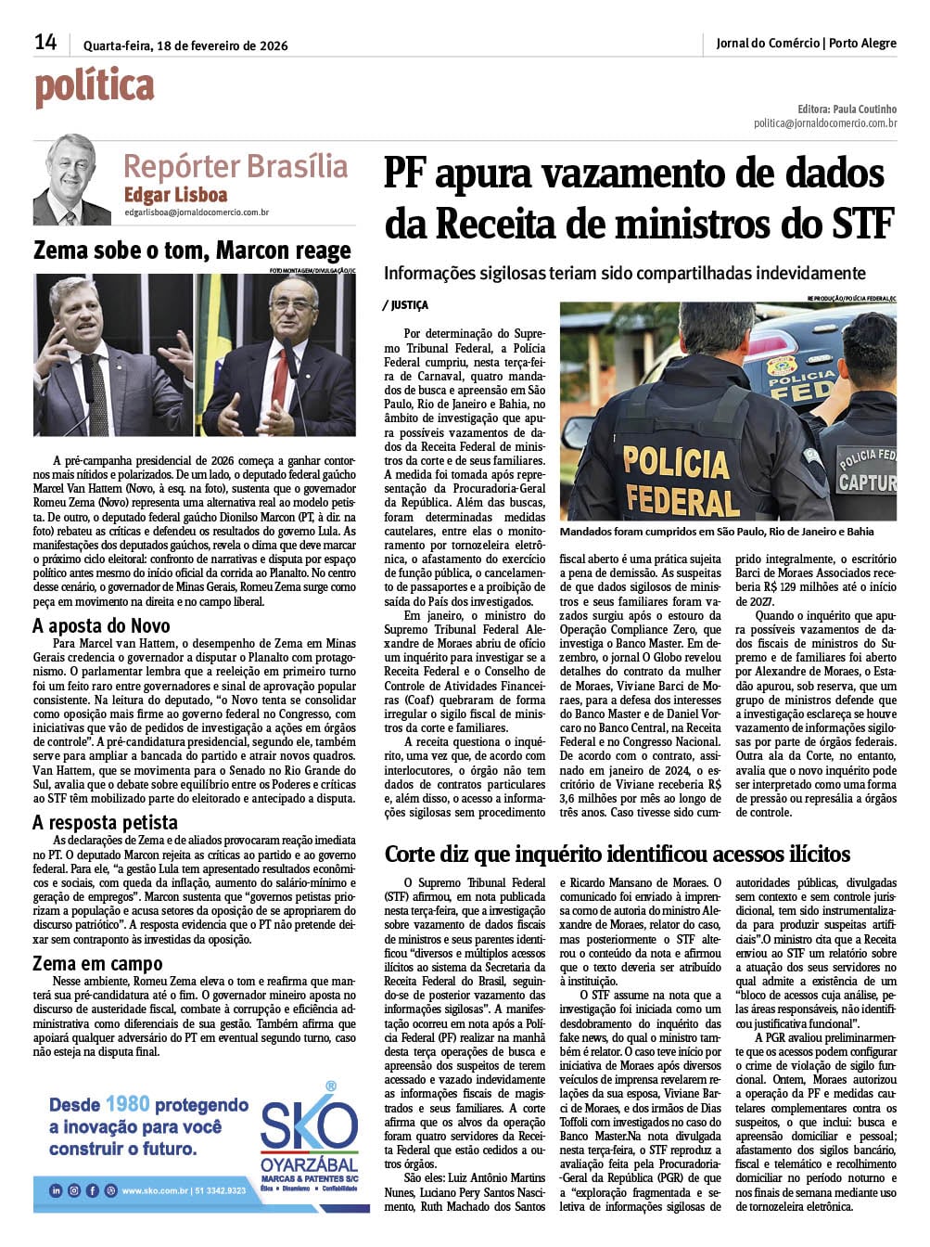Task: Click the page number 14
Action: (x=45, y=42)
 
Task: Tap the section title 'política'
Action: (x=95, y=87)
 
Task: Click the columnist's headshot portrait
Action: (x=71, y=179)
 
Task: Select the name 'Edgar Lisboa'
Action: (x=175, y=195)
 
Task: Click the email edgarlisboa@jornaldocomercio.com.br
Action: (x=197, y=212)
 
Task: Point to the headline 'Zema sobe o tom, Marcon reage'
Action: (x=192, y=251)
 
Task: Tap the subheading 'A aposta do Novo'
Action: (x=101, y=625)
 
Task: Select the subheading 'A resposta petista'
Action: (x=105, y=822)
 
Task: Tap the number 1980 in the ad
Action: (x=127, y=1104)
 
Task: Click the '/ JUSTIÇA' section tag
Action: (x=405, y=305)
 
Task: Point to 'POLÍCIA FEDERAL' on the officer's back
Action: (x=676, y=480)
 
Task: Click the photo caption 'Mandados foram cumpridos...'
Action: (x=717, y=532)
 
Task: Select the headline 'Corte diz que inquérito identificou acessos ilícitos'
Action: (x=617, y=854)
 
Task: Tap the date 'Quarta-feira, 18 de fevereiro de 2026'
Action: (x=185, y=45)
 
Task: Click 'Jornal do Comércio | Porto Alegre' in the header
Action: (x=806, y=44)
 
